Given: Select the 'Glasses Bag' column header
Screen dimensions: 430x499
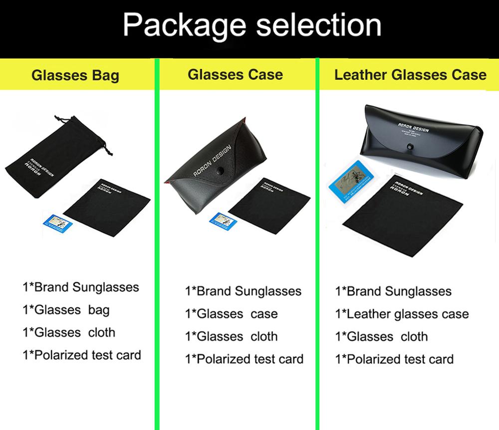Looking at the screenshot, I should click(75, 76).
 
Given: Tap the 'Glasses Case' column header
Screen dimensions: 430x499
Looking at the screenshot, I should click(235, 75).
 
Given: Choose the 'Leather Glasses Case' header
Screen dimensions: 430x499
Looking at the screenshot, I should click(410, 75).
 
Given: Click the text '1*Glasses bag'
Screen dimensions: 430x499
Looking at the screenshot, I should click(66, 310).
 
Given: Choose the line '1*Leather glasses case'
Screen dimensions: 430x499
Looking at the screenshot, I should click(402, 314).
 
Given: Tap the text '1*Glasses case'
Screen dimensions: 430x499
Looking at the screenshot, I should click(231, 314).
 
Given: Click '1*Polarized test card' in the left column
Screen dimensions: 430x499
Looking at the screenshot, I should click(82, 355).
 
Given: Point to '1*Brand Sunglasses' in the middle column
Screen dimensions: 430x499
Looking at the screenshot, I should click(243, 291).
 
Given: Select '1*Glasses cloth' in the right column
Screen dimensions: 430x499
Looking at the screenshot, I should click(381, 337).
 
